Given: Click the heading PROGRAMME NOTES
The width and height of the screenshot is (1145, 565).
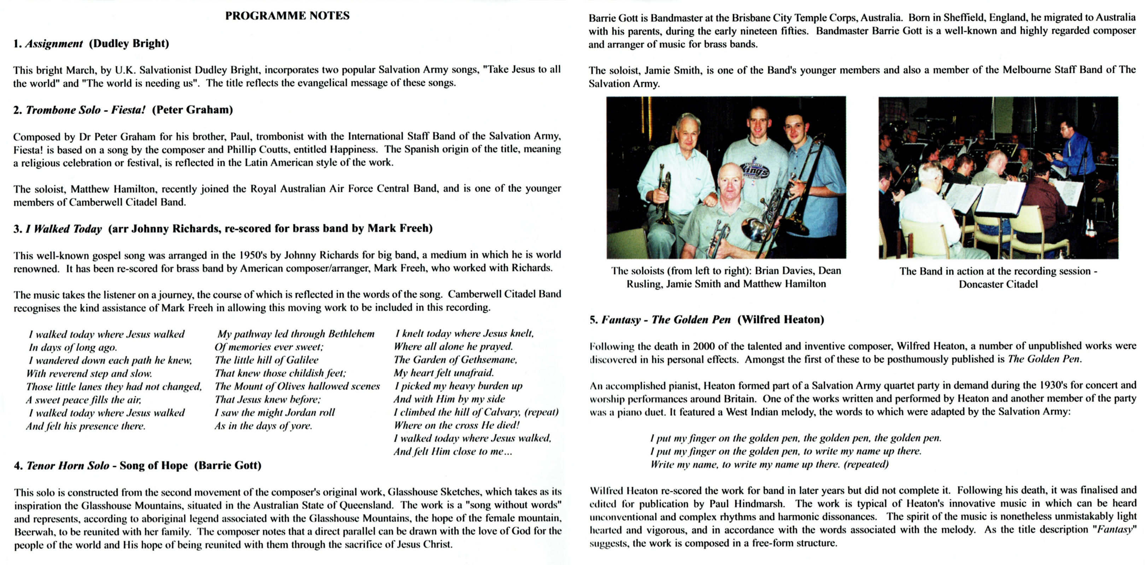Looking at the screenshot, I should [287, 16].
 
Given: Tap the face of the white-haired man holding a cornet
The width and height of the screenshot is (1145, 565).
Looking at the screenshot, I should [688, 133].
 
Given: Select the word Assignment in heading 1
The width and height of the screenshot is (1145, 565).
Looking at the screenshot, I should [54, 43].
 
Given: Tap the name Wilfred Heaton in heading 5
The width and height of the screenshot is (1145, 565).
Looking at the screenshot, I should [781, 320].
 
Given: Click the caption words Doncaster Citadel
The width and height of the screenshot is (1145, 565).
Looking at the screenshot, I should [998, 284].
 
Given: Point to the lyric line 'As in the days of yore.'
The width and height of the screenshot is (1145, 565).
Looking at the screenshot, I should [263, 426].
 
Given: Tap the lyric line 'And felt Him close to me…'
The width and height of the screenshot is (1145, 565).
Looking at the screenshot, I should [452, 452].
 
